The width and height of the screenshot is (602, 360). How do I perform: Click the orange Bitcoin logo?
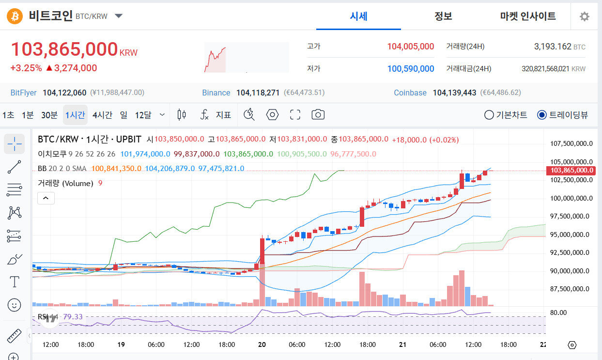click(15, 16)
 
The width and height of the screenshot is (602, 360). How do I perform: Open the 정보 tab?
click(443, 16)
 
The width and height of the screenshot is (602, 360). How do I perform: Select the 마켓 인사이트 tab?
click(528, 16)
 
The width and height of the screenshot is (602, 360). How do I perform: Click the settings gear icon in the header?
click(584, 16)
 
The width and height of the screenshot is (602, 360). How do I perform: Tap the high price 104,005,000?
click(410, 47)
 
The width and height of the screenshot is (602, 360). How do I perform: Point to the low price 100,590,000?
click(410, 69)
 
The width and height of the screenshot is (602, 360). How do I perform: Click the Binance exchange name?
click(216, 93)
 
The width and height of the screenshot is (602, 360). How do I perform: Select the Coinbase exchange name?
click(410, 93)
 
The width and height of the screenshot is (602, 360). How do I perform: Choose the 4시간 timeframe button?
click(102, 115)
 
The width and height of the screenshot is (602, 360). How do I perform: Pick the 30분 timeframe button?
click(49, 115)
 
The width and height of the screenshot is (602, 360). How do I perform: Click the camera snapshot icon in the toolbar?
click(318, 115)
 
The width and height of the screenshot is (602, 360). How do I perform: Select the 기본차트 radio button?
click(489, 115)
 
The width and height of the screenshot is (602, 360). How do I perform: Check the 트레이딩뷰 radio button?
click(541, 115)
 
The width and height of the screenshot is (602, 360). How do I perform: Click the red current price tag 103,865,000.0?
click(571, 171)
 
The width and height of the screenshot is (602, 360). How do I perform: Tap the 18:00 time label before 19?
click(86, 344)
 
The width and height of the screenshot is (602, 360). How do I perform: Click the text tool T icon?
click(14, 282)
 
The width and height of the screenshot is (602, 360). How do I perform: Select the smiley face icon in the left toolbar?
click(14, 305)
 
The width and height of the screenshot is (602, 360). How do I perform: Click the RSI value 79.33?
click(73, 317)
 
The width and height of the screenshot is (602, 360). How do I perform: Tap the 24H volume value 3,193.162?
click(553, 47)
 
